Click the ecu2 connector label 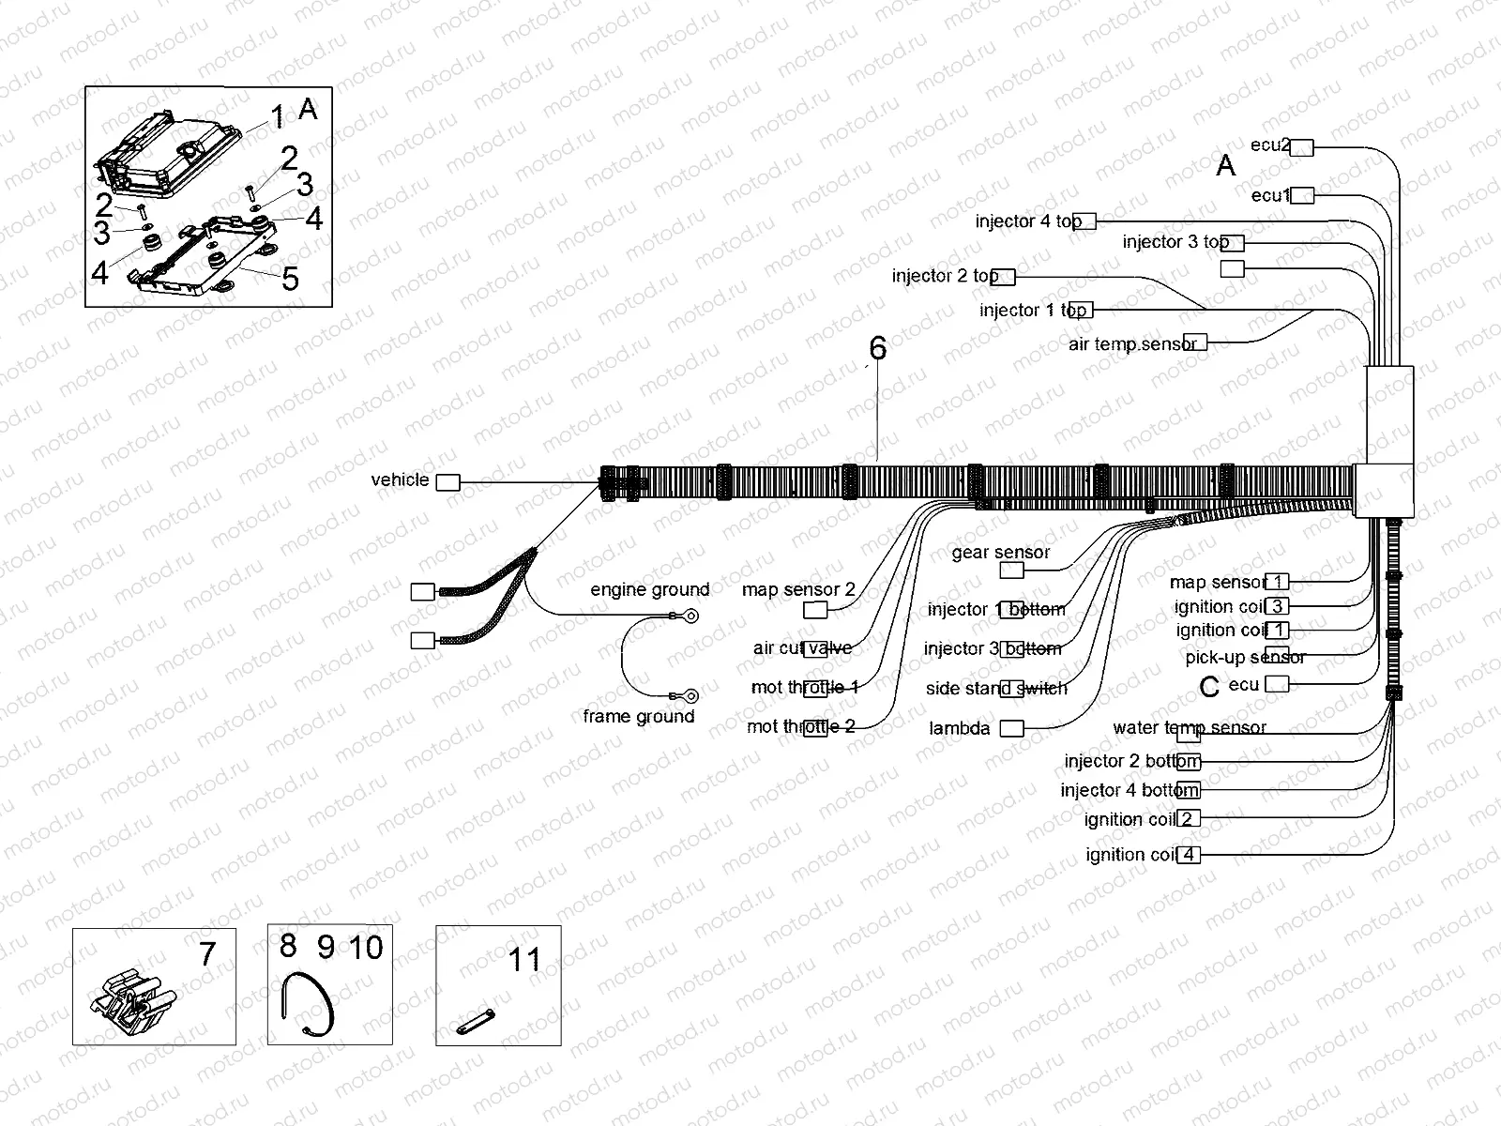click(1270, 145)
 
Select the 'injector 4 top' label click(1028, 221)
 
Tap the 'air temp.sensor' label click(1132, 344)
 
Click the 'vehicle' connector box click(448, 482)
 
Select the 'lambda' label click(959, 729)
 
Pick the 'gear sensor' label click(1000, 553)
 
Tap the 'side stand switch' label click(996, 689)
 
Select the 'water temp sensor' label click(1189, 728)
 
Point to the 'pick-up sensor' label click(1245, 658)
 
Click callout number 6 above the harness click(877, 349)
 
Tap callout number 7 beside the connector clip click(207, 954)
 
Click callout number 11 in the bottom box click(524, 960)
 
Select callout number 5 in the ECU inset click(290, 279)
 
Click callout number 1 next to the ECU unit click(277, 117)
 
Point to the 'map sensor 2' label click(798, 590)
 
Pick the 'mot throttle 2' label click(800, 727)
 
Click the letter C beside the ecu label click(1209, 688)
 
